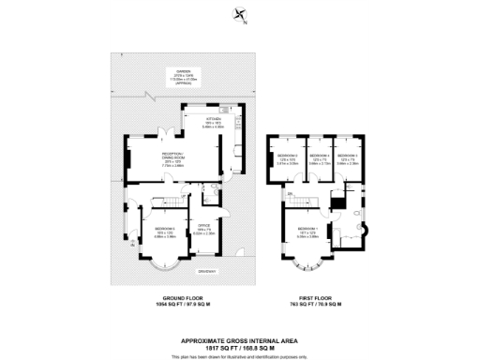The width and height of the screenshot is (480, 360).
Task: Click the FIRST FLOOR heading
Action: point(313,300)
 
